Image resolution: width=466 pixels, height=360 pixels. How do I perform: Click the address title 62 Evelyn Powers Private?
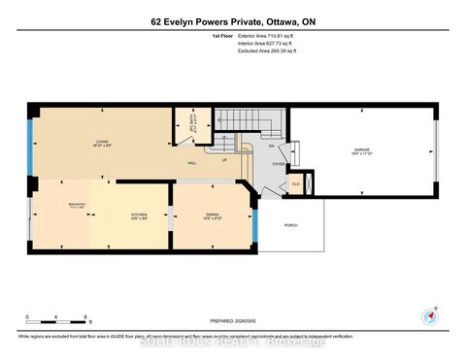(x=233, y=20)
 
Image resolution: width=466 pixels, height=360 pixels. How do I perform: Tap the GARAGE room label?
(x=362, y=149)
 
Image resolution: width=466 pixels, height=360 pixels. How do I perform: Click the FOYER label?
(x=279, y=164)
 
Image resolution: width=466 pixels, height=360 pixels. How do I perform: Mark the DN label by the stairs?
(x=271, y=147)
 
